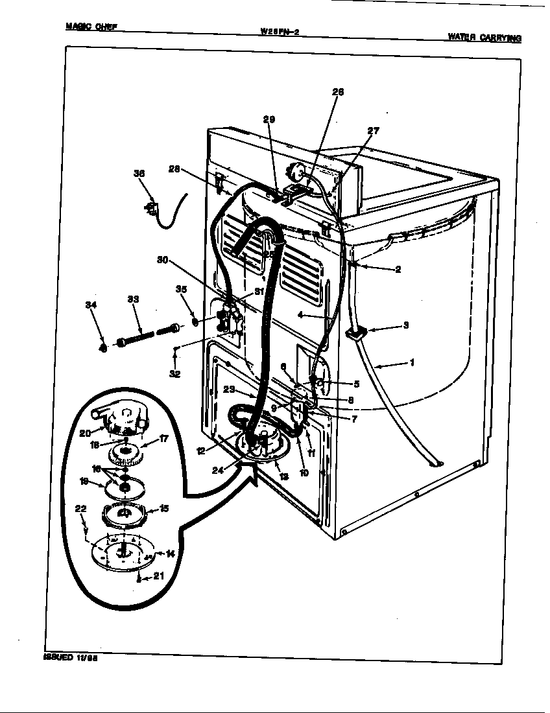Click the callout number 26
(x=338, y=92)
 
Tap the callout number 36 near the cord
(x=139, y=174)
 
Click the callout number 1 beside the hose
(x=411, y=362)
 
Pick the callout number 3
(x=405, y=325)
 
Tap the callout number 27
(x=373, y=130)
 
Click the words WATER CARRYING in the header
(x=484, y=38)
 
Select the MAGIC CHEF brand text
(x=91, y=27)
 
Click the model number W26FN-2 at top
(x=279, y=30)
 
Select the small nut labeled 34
(x=104, y=348)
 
